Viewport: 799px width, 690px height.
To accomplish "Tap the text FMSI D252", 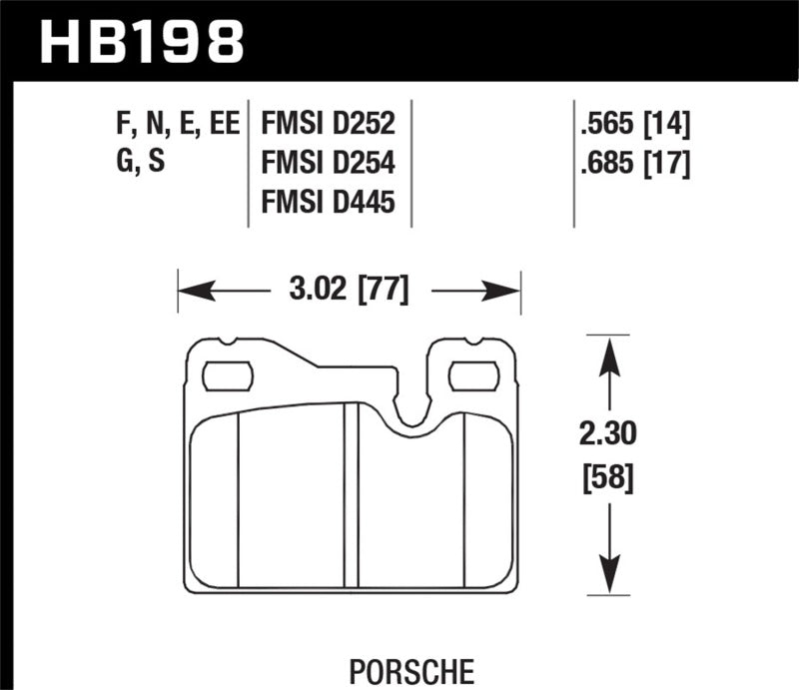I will click(x=329, y=126).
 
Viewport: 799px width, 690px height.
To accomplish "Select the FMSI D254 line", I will click(x=329, y=164).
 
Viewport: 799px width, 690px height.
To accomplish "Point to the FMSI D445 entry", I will click(x=329, y=203).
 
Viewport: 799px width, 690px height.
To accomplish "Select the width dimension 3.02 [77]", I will click(x=350, y=293).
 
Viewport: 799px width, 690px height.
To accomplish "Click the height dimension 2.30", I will click(x=607, y=435).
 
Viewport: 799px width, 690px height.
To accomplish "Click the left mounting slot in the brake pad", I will click(x=228, y=376).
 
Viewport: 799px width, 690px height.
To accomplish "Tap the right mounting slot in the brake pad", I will click(x=473, y=376).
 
